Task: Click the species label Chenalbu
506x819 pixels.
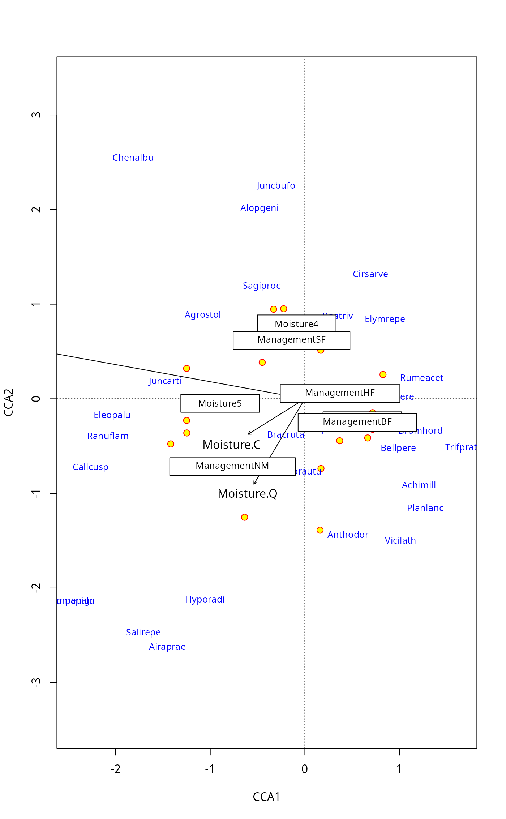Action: click(x=133, y=158)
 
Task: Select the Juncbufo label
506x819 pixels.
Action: click(x=276, y=186)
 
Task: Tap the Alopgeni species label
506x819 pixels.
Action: click(x=260, y=208)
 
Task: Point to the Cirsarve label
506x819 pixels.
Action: click(x=370, y=274)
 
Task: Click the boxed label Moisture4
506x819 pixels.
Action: click(x=296, y=324)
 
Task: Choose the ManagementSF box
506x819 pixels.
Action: click(x=291, y=340)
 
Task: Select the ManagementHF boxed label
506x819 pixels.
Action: click(x=340, y=393)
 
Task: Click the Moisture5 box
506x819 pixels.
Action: click(x=220, y=403)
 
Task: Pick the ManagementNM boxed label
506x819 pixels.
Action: click(x=232, y=466)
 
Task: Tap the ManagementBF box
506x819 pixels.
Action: click(x=357, y=422)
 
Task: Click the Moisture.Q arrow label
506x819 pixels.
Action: click(x=247, y=494)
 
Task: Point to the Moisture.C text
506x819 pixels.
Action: click(x=231, y=445)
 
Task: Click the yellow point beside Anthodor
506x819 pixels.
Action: click(x=320, y=530)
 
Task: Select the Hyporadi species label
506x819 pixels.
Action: click(x=205, y=600)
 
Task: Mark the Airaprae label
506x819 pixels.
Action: click(x=167, y=647)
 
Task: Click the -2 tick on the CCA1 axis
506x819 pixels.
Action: click(x=115, y=769)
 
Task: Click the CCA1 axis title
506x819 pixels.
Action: click(x=266, y=797)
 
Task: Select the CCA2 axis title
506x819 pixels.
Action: click(x=9, y=402)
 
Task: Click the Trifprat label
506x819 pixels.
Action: click(x=461, y=447)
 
